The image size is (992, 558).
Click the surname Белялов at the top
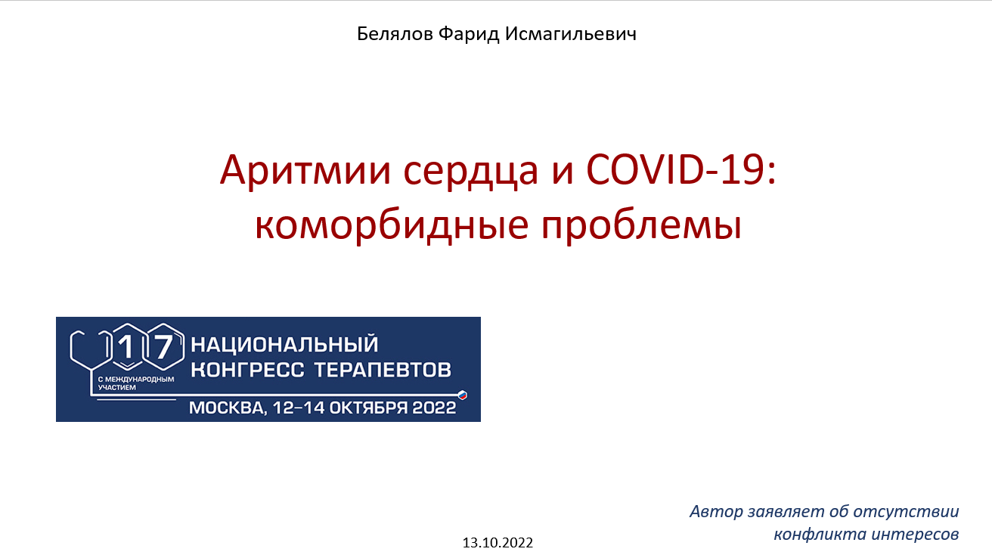395,34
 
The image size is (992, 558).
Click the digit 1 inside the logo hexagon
126,348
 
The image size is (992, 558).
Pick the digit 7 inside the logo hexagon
164,348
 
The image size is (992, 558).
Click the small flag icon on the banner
463,394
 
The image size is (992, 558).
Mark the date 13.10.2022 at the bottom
498,543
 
